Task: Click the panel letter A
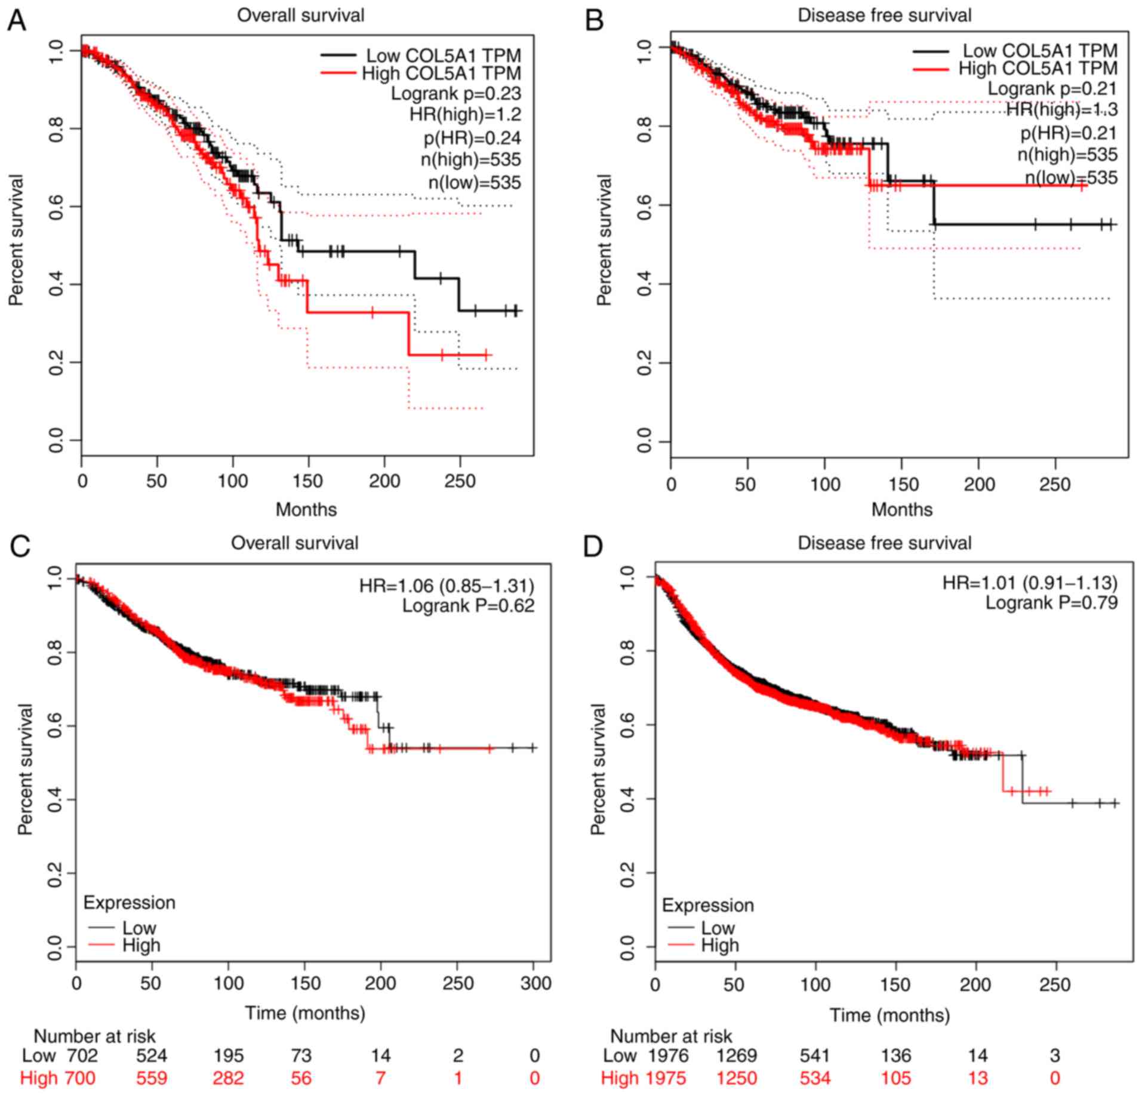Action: pyautogui.click(x=17, y=21)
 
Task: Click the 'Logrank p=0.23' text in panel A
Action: pyautogui.click(x=455, y=94)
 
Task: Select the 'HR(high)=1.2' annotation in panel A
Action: pyautogui.click(x=465, y=115)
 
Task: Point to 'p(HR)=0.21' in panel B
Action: pyautogui.click(x=1068, y=133)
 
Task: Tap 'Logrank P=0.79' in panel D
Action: pyautogui.click(x=1051, y=603)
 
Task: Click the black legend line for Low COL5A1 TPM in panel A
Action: pyautogui.click(x=340, y=56)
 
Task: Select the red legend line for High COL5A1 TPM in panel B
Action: pyautogui.click(x=931, y=69)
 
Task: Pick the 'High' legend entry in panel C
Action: pyautogui.click(x=141, y=946)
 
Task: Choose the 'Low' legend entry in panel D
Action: pyautogui.click(x=718, y=928)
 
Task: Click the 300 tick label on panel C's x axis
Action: pyautogui.click(x=535, y=983)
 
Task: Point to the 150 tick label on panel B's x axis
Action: pyautogui.click(x=901, y=484)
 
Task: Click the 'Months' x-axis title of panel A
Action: pyautogui.click(x=306, y=509)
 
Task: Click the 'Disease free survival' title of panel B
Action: pyautogui.click(x=884, y=15)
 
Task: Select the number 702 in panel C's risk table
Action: pyautogui.click(x=81, y=1056)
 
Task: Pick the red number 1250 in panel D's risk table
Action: pyautogui.click(x=737, y=1078)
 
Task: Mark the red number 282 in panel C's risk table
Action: pyautogui.click(x=229, y=1078)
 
